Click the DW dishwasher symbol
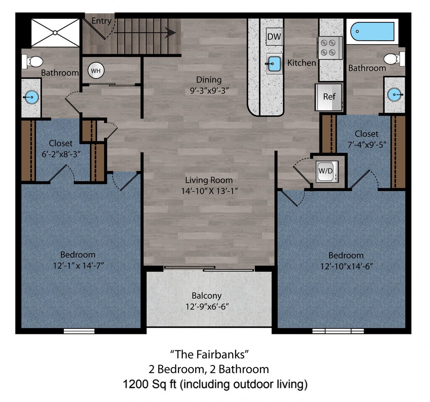274,36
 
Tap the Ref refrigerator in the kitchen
329,97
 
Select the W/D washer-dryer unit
326,171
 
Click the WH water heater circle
96,71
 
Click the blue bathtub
372,32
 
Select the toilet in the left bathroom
33,61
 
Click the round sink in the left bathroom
31,97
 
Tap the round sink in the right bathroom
395,95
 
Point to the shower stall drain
55,33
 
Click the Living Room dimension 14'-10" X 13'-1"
209,191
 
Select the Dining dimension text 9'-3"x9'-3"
209,91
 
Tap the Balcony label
207,296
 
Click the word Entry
101,21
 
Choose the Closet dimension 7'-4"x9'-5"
367,145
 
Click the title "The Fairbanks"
210,354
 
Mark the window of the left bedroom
79,331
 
